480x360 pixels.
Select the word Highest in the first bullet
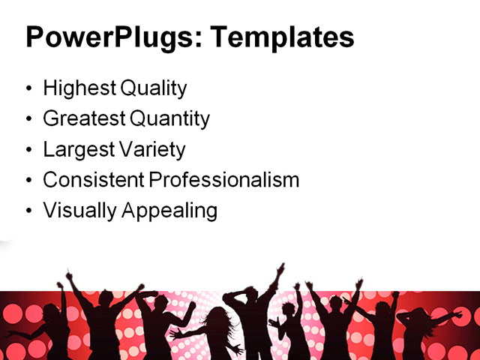coord(78,88)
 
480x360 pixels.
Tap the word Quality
coord(151,88)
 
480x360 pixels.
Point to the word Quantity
coord(170,118)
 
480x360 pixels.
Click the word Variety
coord(150,149)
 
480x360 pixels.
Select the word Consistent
coord(93,180)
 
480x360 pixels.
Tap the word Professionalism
coord(223,180)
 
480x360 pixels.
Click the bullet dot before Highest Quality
coord(29,89)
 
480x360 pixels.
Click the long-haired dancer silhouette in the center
coord(217,330)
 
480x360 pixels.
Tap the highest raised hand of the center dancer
coord(281,266)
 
